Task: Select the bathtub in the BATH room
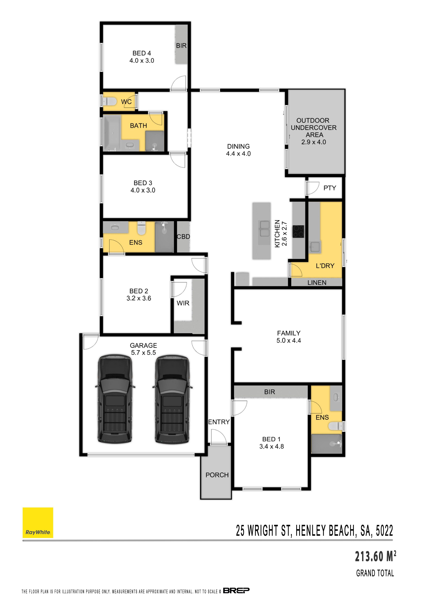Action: [112, 133]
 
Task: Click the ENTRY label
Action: [219, 422]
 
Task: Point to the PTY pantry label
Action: [330, 188]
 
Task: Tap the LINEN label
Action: [317, 283]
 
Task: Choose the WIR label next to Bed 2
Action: [183, 303]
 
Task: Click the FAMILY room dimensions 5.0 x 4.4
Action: [289, 341]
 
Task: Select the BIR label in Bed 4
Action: [181, 46]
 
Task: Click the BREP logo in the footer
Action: [236, 590]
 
